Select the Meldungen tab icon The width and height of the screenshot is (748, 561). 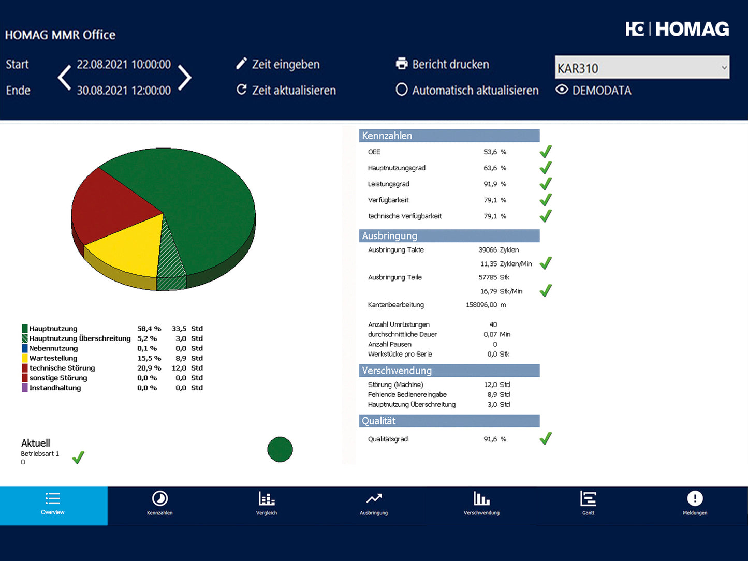(x=695, y=499)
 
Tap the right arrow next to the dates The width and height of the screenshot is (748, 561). (x=185, y=78)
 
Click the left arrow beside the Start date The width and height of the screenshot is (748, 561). (x=65, y=78)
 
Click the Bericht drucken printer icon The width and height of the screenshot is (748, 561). (x=402, y=64)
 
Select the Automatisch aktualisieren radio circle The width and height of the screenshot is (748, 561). (x=402, y=90)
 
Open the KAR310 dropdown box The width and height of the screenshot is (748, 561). (x=642, y=68)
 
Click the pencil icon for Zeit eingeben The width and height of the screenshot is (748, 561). (x=241, y=64)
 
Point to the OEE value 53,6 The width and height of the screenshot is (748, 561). (x=490, y=152)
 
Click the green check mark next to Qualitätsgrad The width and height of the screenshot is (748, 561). (x=546, y=439)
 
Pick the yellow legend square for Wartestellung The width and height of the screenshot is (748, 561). (x=25, y=358)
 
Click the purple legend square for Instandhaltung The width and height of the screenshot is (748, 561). (x=25, y=388)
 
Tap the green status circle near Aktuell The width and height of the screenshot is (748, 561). (x=280, y=449)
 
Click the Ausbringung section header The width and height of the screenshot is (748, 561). (x=449, y=236)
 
